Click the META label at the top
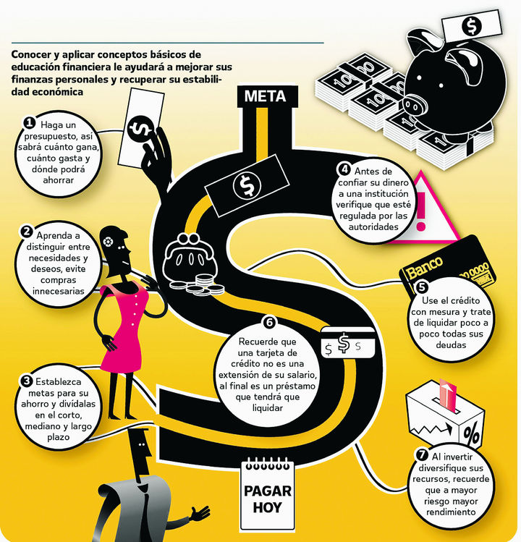(266, 96)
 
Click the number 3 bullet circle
(27, 380)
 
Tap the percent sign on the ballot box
(474, 436)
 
